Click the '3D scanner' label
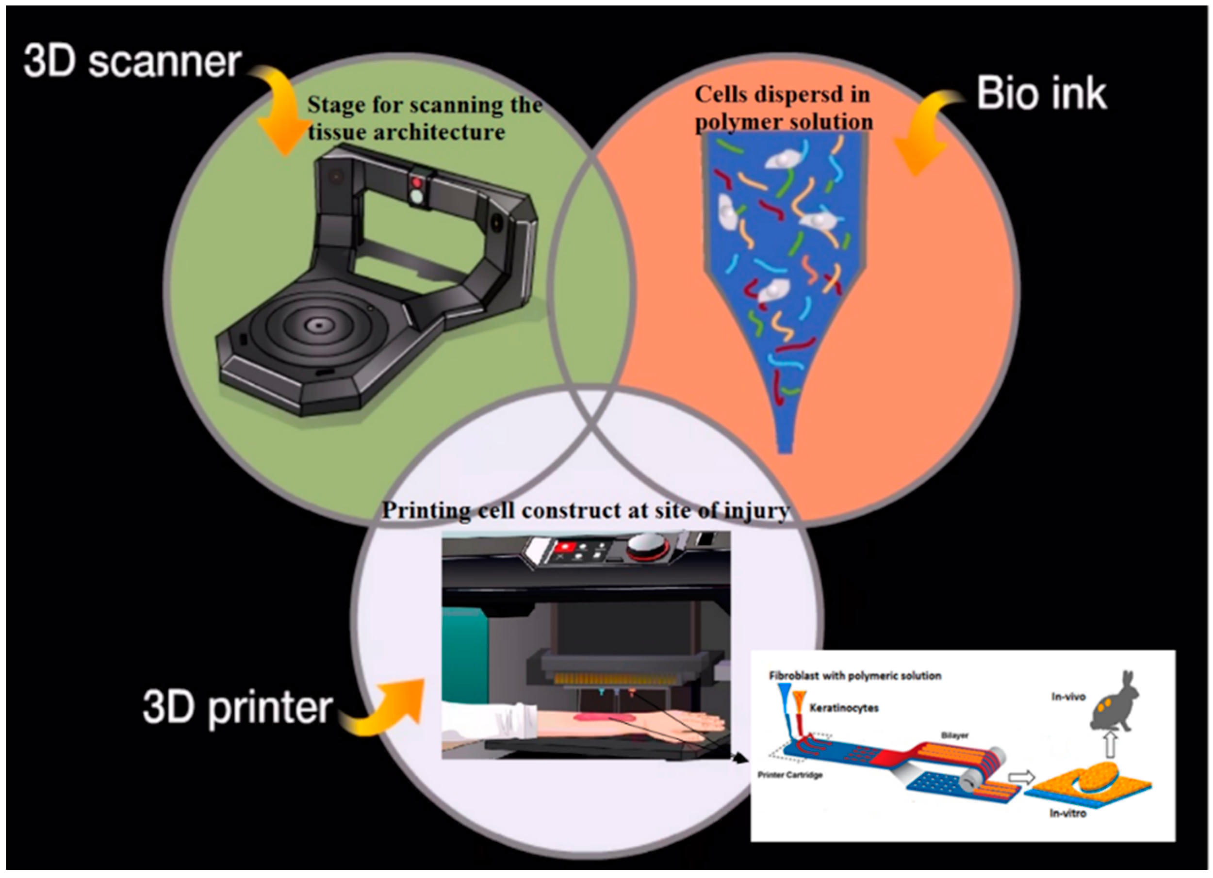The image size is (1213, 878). tap(132, 62)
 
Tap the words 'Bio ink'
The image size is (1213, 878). tap(1041, 94)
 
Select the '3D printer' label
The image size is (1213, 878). tap(237, 707)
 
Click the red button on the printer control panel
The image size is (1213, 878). tap(563, 547)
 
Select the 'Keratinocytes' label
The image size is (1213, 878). tap(843, 709)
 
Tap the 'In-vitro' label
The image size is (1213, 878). tap(1068, 813)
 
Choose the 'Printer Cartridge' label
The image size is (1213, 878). tap(789, 775)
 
